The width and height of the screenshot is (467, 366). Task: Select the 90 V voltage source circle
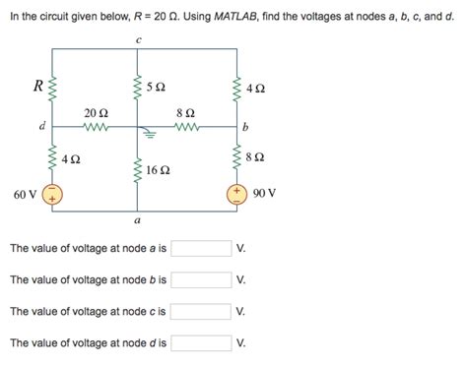(235, 194)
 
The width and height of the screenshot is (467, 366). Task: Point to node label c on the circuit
(138, 40)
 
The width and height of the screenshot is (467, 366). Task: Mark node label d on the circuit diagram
(40, 126)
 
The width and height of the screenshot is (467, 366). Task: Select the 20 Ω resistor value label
(96, 113)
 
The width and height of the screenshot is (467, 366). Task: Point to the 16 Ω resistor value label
(159, 169)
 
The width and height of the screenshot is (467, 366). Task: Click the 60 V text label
(25, 194)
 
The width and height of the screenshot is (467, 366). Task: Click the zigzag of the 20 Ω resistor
(96, 127)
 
